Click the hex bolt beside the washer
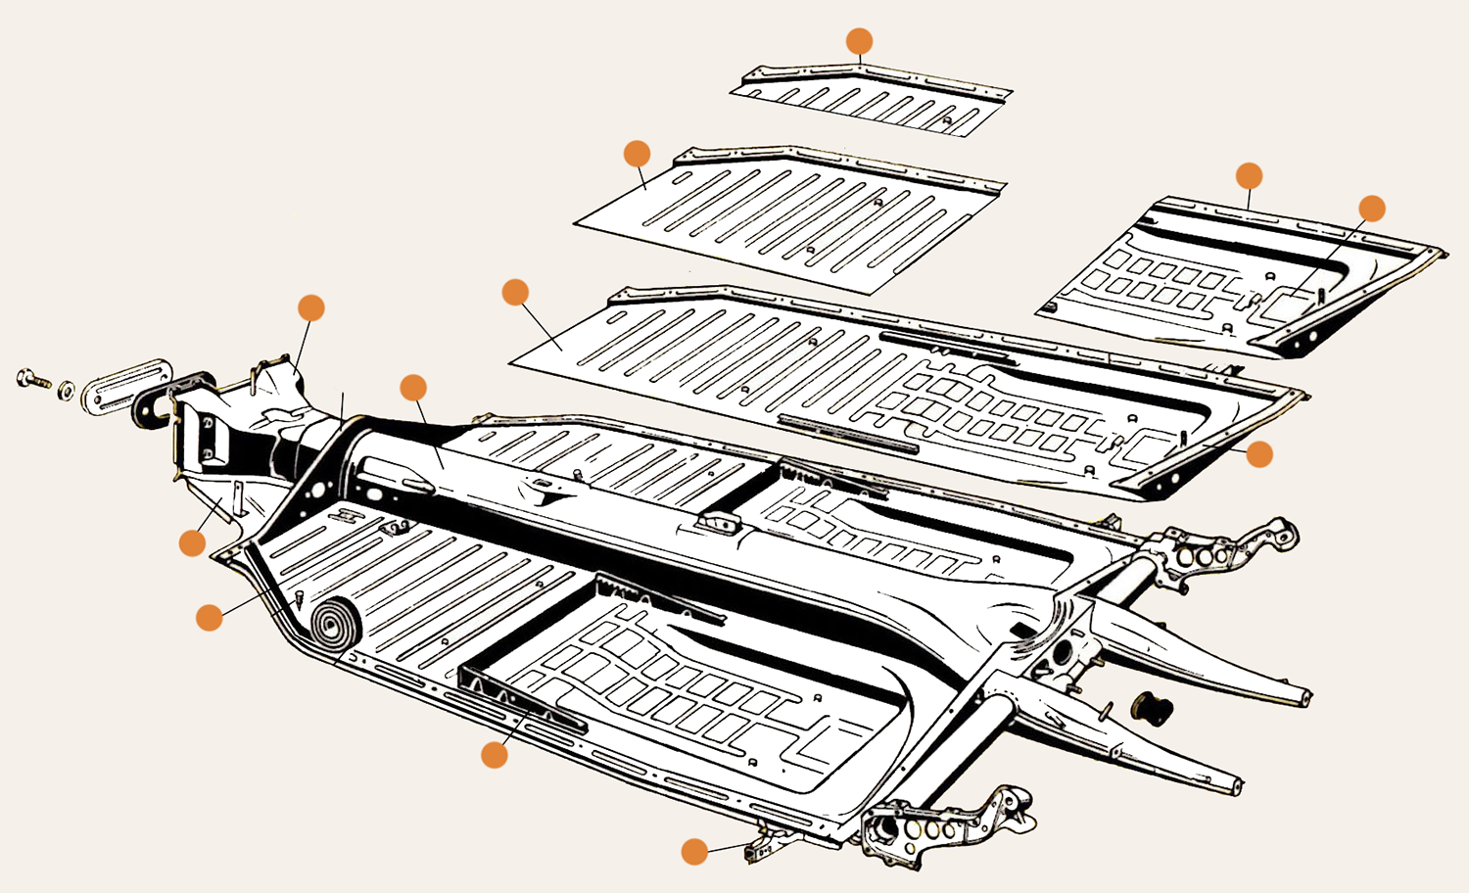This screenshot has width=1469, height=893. coord(32,379)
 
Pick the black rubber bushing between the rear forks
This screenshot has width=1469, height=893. coord(1152,708)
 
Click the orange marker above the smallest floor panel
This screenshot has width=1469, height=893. coord(859,41)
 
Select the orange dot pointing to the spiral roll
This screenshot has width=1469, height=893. coord(210,617)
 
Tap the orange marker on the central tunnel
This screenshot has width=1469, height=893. coord(413,388)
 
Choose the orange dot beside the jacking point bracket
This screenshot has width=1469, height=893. coord(694,851)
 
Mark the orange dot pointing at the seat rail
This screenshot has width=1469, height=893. coord(495,754)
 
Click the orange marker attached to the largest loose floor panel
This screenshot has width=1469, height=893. coord(515,292)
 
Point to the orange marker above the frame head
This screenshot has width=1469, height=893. coord(311,307)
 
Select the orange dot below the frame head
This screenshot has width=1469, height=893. coord(193,543)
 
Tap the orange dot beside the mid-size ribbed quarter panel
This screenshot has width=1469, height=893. coord(637,154)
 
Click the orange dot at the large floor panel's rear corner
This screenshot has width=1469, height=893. coord(1259,453)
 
